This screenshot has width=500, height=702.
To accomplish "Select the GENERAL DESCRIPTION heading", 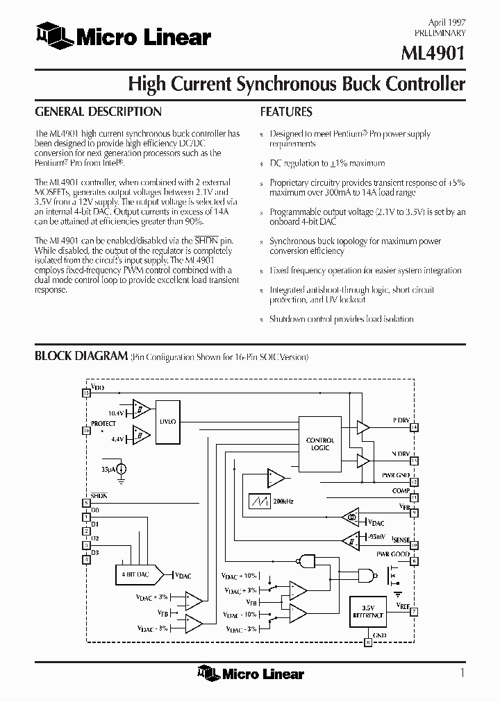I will (98, 112).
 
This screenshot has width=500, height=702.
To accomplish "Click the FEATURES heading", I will (286, 112).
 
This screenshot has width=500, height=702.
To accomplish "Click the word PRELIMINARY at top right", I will (440, 33).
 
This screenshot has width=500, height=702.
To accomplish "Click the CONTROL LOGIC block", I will (319, 444).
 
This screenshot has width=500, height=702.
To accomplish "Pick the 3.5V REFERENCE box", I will (368, 611).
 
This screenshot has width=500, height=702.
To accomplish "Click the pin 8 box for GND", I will (368, 642).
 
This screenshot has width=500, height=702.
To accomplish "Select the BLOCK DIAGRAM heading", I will (81, 356).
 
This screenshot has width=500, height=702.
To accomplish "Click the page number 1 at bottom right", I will (462, 671).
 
